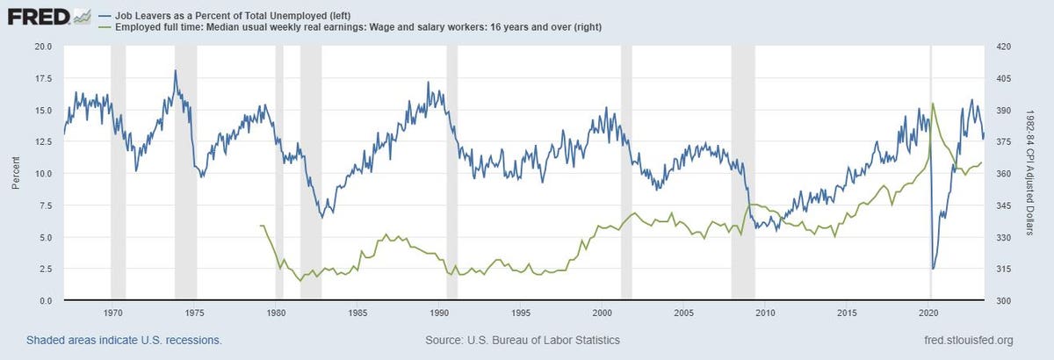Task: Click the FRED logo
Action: (x=49, y=15)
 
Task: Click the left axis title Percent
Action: (x=16, y=173)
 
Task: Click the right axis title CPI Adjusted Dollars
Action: (x=1038, y=173)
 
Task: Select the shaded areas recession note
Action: (x=124, y=340)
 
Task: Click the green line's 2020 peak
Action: (x=932, y=104)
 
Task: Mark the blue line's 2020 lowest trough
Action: (x=933, y=269)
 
